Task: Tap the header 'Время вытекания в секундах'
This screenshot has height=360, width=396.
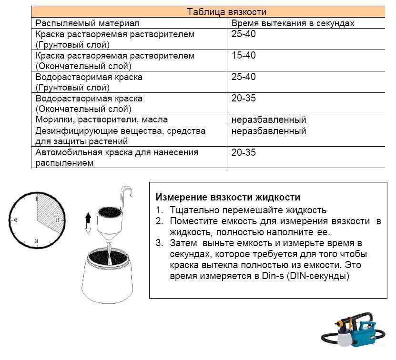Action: pyautogui.click(x=293, y=23)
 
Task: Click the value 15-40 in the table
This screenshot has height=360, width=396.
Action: pyautogui.click(x=244, y=56)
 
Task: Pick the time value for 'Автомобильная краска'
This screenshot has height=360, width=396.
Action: pyautogui.click(x=244, y=152)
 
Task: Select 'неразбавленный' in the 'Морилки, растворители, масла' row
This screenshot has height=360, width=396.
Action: pyautogui.click(x=269, y=120)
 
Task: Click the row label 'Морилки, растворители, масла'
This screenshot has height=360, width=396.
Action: pyautogui.click(x=102, y=120)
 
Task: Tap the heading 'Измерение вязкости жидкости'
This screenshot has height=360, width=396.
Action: pyautogui.click(x=228, y=197)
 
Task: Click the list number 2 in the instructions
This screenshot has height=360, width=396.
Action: pyautogui.click(x=159, y=221)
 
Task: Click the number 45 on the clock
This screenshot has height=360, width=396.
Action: pyautogui.click(x=16, y=220)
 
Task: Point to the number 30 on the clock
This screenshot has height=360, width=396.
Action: pyautogui.click(x=36, y=242)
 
